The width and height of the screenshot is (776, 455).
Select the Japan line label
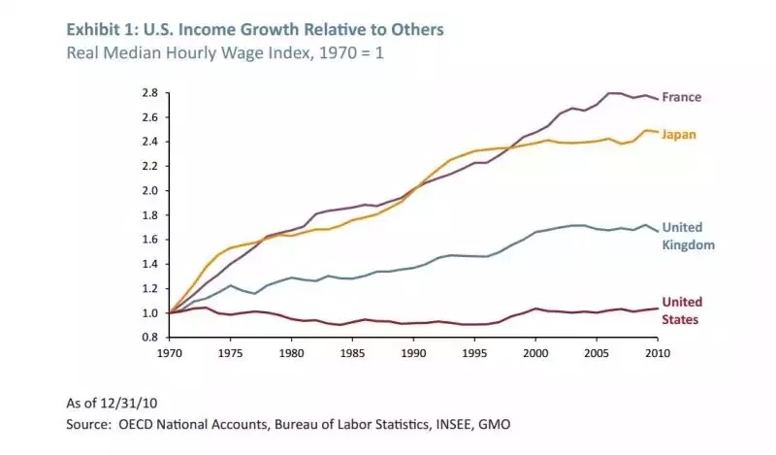point(681,135)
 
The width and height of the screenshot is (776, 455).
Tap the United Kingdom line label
point(688,236)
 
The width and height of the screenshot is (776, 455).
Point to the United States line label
point(682,309)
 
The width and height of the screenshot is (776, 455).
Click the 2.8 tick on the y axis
point(149,93)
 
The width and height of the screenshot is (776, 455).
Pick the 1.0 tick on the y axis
point(149,313)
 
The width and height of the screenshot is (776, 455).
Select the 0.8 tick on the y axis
point(149,338)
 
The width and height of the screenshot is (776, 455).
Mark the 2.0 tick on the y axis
point(149,191)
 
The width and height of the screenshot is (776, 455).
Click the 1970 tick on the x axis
point(169,353)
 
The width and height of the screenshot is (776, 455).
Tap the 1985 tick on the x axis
point(353,353)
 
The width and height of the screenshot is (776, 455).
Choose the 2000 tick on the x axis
point(536,353)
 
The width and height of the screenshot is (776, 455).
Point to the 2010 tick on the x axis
point(659,353)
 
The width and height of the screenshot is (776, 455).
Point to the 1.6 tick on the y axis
point(149,240)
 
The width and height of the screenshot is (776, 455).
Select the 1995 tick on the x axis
point(475,353)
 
